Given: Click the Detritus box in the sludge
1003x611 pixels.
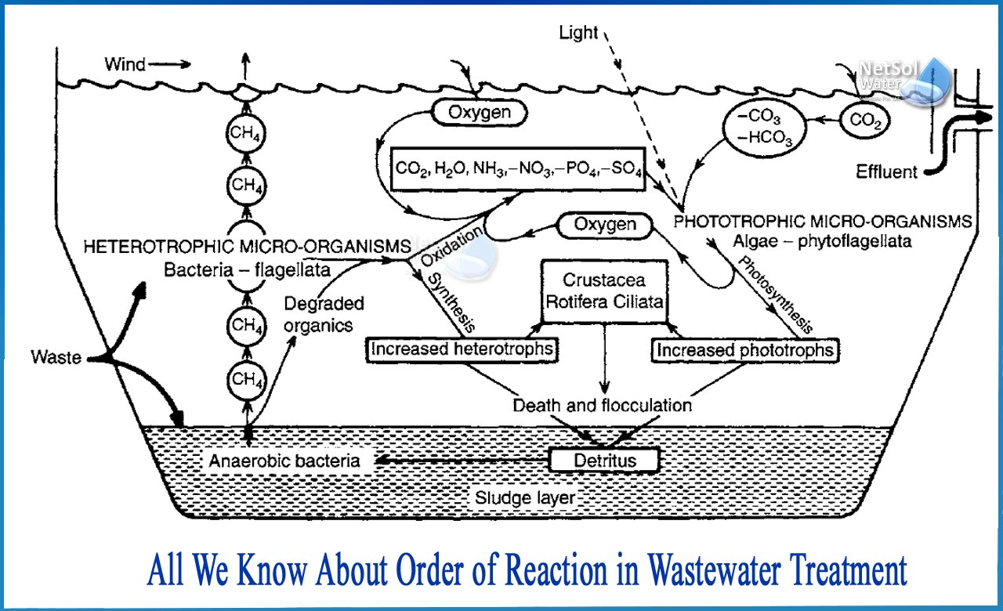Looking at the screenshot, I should [x=604, y=460].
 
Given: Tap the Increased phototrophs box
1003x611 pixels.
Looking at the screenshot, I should [x=744, y=349].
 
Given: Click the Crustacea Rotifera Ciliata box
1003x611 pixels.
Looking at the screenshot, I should [x=604, y=291].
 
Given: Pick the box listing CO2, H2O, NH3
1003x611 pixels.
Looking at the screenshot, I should [x=517, y=169].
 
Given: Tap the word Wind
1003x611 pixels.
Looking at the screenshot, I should [x=125, y=64].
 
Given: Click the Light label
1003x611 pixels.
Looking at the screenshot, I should [x=578, y=33].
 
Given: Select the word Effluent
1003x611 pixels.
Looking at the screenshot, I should [x=885, y=172].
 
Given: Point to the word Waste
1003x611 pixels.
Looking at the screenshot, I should [x=56, y=357].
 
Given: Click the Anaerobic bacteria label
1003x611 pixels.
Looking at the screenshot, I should [x=284, y=461].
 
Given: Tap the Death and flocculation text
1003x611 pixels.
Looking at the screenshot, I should [x=602, y=405].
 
